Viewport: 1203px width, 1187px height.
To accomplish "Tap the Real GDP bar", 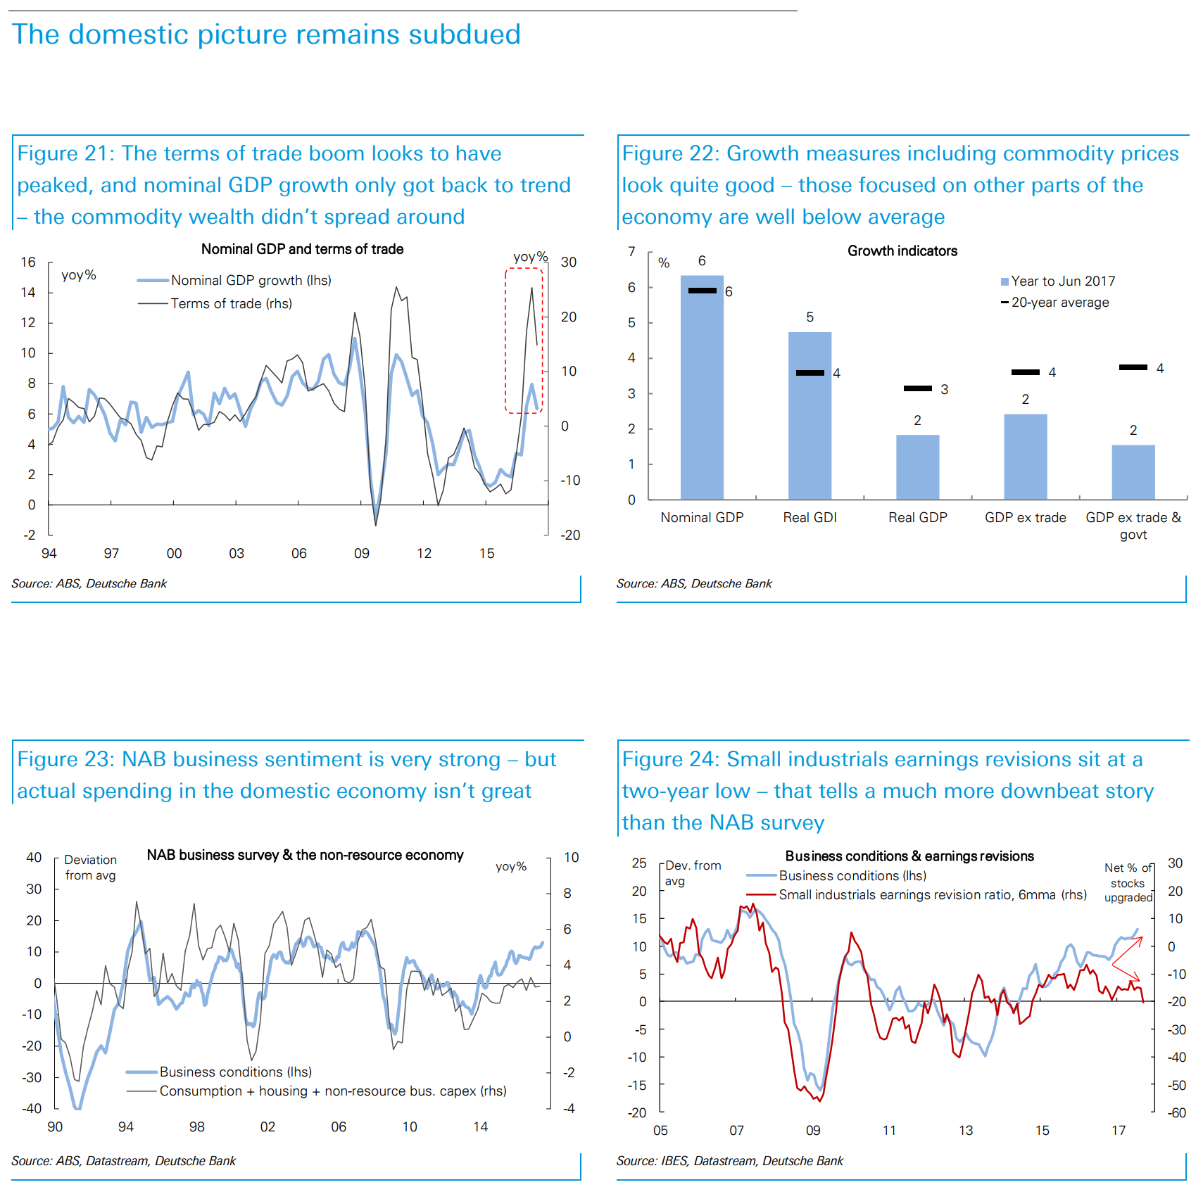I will click(x=917, y=467).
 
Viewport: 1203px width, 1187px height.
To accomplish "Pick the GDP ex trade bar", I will click(x=1025, y=457).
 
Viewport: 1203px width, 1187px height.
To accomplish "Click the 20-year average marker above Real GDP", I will click(x=917, y=388).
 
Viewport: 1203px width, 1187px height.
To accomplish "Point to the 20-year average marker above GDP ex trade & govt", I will click(x=1133, y=367).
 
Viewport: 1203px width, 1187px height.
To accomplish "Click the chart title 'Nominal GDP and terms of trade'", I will click(x=302, y=249).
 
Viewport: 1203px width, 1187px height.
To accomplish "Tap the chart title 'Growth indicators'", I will click(x=902, y=251).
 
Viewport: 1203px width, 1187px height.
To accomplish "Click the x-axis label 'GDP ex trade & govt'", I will click(x=1133, y=526).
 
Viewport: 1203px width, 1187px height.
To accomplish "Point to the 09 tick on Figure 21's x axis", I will click(x=361, y=554).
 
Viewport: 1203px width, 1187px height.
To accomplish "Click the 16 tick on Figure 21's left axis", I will click(x=28, y=262).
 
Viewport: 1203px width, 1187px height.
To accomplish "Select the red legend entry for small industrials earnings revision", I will click(x=932, y=895).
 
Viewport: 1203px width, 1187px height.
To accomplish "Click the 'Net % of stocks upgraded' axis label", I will click(x=1128, y=883).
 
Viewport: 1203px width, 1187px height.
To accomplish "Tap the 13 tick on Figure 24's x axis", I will click(x=965, y=1131).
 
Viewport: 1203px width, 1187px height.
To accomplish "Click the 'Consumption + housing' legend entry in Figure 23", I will click(x=332, y=1091).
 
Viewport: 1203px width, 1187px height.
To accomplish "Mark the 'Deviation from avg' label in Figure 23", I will click(x=90, y=868).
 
